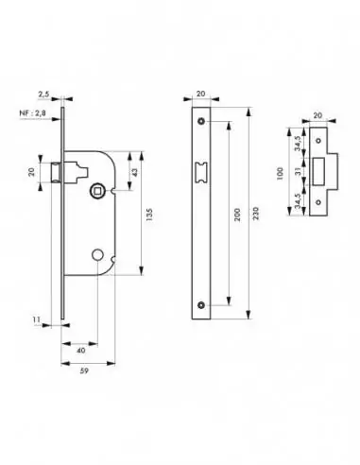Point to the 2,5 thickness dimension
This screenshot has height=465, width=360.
44,95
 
